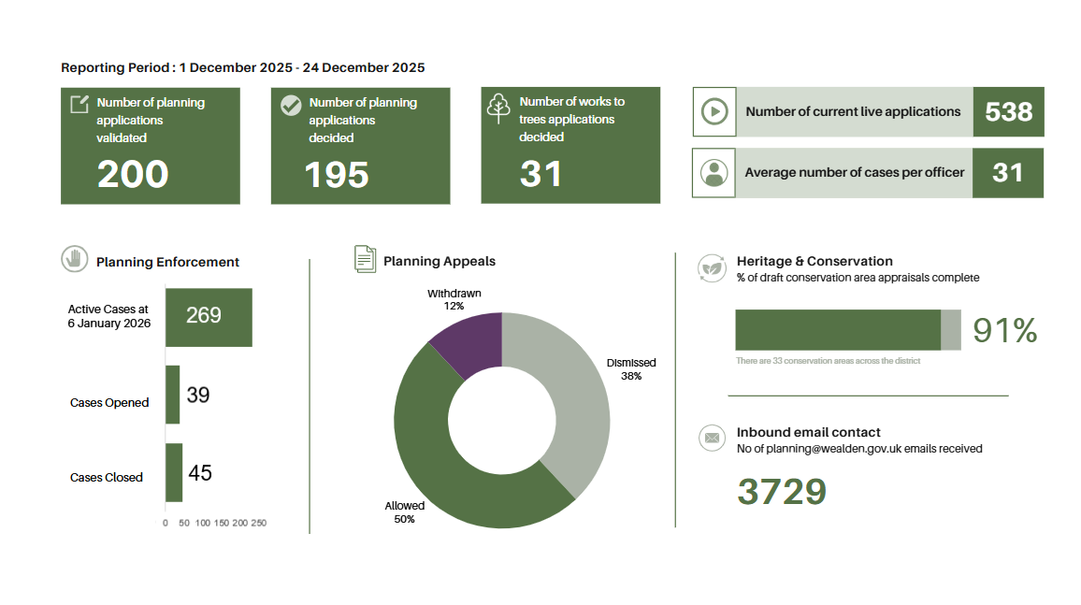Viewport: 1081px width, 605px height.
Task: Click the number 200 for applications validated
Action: (133, 175)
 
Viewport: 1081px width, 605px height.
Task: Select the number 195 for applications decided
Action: (337, 175)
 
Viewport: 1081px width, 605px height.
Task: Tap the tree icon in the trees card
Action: (498, 108)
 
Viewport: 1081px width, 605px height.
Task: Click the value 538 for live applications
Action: (1008, 112)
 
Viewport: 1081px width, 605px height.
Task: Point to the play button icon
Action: (714, 112)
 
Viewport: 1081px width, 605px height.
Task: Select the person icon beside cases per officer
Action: (714, 173)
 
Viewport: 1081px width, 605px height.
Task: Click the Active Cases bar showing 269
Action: (209, 317)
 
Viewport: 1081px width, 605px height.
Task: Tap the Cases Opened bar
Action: (172, 395)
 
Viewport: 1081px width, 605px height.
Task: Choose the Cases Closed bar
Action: (174, 472)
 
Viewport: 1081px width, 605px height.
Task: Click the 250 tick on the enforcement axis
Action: (258, 523)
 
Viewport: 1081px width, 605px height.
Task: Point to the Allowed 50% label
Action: (404, 512)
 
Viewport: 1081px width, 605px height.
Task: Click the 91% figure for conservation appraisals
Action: (1004, 331)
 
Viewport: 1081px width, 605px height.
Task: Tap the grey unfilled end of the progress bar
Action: (950, 330)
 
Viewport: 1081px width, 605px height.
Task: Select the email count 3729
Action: (782, 492)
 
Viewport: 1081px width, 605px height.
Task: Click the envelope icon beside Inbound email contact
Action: (712, 438)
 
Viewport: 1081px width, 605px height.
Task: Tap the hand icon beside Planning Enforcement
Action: (73, 259)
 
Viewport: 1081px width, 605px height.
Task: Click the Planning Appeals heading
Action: (440, 261)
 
